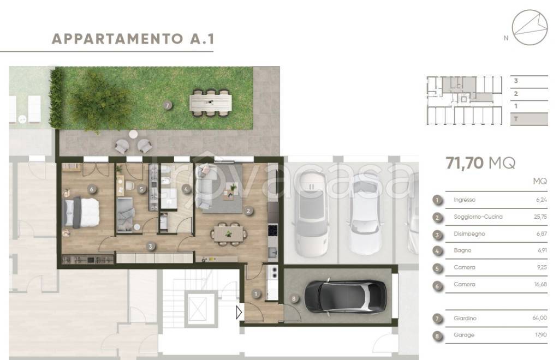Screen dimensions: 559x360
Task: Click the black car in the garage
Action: point(346,297)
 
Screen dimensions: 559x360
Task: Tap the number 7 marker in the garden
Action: point(167,105)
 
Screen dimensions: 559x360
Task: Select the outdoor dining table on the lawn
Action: point(211,103)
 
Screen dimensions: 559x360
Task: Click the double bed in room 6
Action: point(81,213)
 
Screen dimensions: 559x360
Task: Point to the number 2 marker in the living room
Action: point(248,211)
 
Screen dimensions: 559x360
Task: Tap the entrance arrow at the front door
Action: point(239,313)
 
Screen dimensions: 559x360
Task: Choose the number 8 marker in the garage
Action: point(294,299)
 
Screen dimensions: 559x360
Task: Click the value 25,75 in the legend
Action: point(540,217)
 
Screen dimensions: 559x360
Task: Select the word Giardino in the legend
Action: point(465,319)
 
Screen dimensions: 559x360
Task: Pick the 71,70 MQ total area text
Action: point(480,163)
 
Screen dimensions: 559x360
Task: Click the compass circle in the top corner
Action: point(530,27)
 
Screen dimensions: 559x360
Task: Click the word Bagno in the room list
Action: point(462,250)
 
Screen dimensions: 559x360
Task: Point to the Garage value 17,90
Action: point(540,335)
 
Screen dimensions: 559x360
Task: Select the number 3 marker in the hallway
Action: point(151,247)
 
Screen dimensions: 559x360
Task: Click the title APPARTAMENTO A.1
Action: point(133,39)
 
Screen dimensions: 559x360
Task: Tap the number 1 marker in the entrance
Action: point(256,294)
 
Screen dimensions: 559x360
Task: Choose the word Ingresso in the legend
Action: point(465,200)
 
